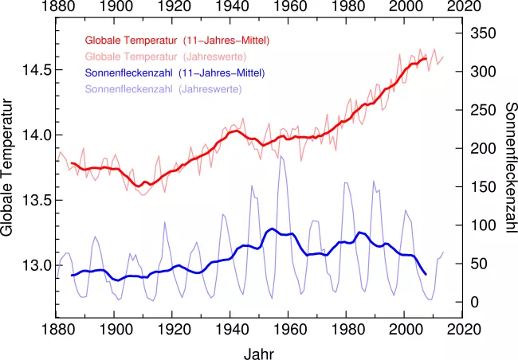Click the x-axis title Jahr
259,351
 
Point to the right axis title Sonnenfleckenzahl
508,167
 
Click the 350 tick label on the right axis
483,33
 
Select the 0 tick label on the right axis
475,302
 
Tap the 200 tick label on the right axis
483,149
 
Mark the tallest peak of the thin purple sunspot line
281,157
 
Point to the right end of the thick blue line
426,274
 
